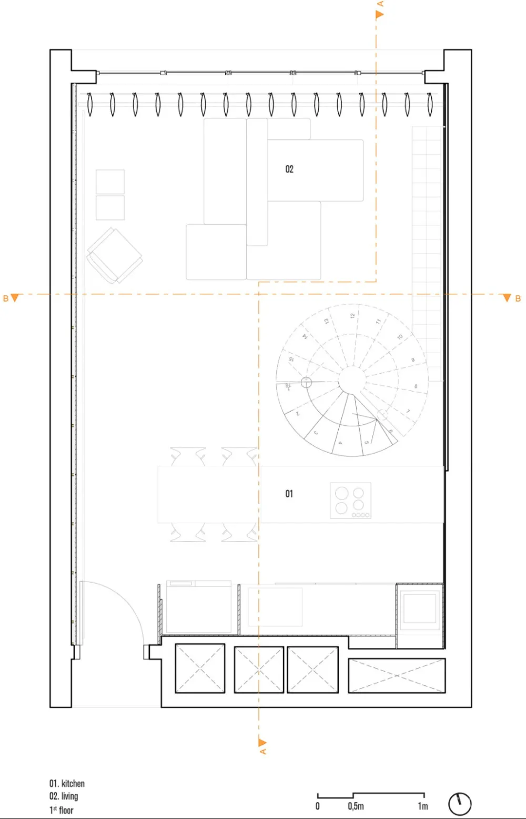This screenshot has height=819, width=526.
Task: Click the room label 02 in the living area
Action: (x=289, y=169)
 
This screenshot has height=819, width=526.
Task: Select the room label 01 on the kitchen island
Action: (x=289, y=494)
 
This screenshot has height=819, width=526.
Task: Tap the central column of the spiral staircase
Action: (x=351, y=379)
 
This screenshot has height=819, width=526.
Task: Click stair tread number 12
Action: (x=352, y=316)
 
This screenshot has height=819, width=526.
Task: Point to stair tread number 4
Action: (x=340, y=443)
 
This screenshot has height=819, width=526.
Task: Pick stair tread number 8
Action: (x=416, y=386)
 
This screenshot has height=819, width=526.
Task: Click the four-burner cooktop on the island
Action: (x=350, y=501)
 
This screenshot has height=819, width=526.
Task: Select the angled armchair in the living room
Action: (x=114, y=256)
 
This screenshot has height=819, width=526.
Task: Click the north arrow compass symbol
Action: (x=460, y=804)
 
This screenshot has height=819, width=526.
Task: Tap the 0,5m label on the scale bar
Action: (x=356, y=806)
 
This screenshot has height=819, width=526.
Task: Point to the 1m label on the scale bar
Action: (x=423, y=806)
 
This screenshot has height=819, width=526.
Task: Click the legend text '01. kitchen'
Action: (x=67, y=784)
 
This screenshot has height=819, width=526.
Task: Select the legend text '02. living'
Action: (x=64, y=796)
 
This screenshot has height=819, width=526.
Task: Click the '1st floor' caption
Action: (x=62, y=810)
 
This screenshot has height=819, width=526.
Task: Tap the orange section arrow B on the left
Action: (x=14, y=298)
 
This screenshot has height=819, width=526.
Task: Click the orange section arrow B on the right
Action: (x=507, y=298)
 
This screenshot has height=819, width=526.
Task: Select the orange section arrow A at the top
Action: (x=379, y=15)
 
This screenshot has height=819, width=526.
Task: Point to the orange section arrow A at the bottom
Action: (x=262, y=743)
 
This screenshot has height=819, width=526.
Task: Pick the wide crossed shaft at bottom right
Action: (x=397, y=675)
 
